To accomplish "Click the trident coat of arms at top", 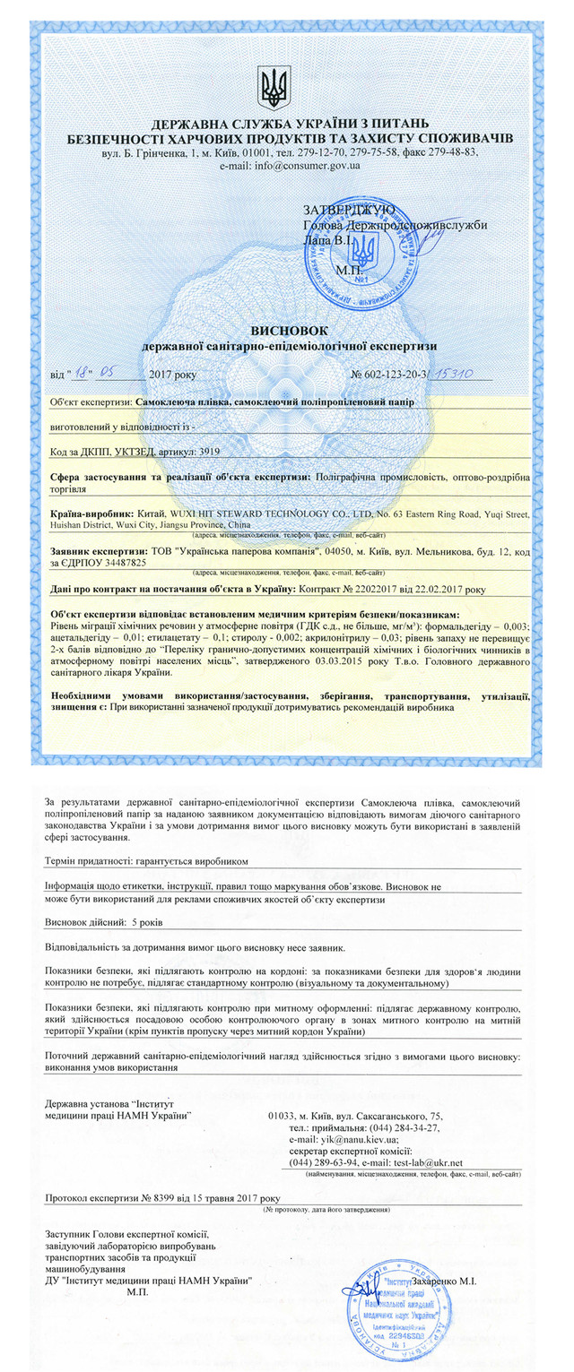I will point(274,87).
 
